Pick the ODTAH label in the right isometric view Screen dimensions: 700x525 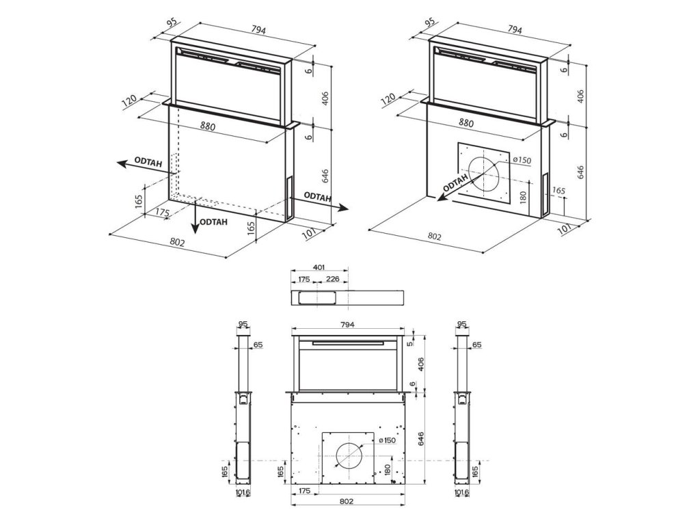pyautogui.click(x=455, y=183)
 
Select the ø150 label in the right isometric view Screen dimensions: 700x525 pyautogui.click(x=522, y=160)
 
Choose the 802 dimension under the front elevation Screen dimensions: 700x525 pyautogui.click(x=345, y=500)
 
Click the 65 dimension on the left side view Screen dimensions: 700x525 pyautogui.click(x=258, y=345)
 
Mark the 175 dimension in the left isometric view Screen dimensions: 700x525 pyautogui.click(x=161, y=213)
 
